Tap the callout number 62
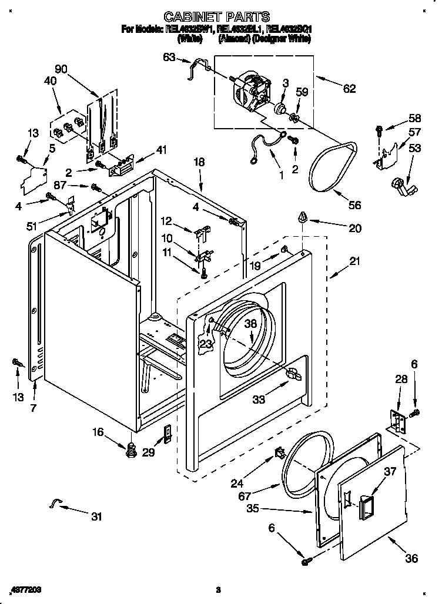[349, 89]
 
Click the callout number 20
[355, 229]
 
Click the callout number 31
[96, 516]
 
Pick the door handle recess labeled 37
[363, 502]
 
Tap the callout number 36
[411, 558]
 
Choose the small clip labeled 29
[168, 435]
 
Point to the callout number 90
[61, 69]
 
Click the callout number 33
[259, 400]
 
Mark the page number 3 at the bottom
[217, 589]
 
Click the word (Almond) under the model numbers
[234, 39]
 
